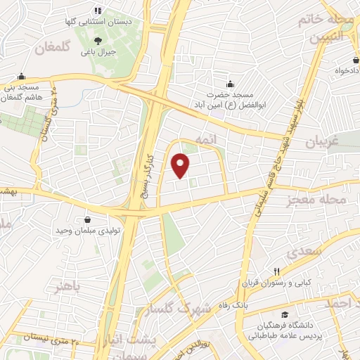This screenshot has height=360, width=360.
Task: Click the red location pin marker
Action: coord(181,165)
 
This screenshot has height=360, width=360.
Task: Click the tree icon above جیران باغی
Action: coord(98,39)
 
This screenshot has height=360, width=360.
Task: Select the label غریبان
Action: coord(323,142)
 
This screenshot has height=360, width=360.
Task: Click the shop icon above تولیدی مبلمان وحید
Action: coord(86,220)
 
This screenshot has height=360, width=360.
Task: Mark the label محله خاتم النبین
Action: coord(324,27)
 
